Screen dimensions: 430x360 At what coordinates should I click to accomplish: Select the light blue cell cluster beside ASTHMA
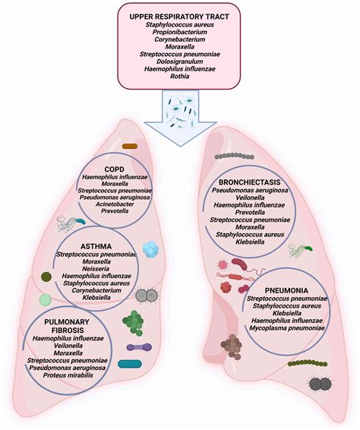pyautogui.click(x=151, y=248)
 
